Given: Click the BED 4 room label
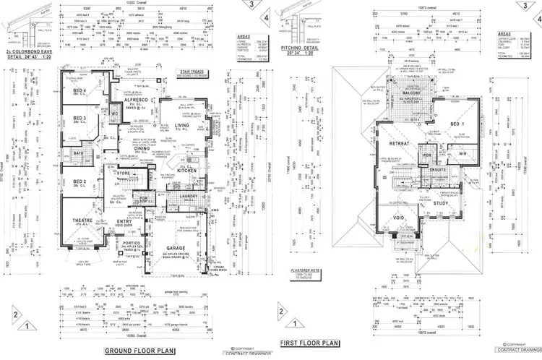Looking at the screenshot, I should click(x=79, y=91).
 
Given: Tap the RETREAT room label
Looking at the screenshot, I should click(x=400, y=144).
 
